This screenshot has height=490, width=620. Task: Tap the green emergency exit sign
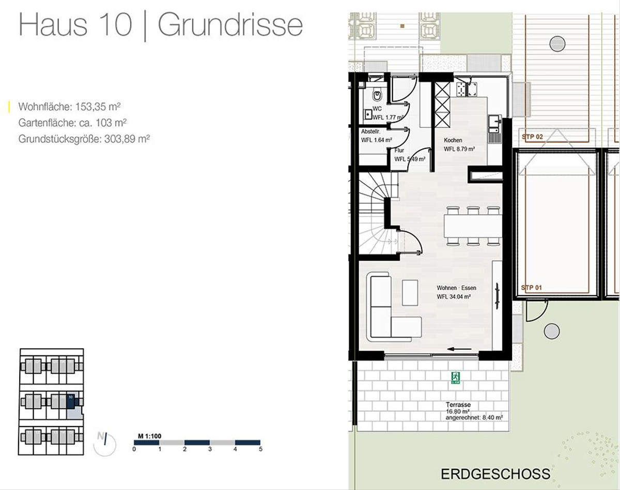point(456,378)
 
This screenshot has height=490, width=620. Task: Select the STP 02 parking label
point(532,137)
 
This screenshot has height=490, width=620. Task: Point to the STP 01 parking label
point(532,287)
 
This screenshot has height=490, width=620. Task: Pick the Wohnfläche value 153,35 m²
point(98,107)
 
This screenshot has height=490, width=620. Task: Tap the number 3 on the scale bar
point(210,449)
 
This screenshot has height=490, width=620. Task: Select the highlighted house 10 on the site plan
point(71,401)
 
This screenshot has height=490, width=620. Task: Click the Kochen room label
point(453,140)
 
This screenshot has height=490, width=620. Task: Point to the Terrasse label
point(458,405)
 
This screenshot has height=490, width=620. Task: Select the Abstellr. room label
point(371,131)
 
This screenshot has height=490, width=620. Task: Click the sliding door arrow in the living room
point(459,349)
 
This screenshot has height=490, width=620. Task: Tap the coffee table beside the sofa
point(410,292)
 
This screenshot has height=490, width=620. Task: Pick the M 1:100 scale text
point(149,436)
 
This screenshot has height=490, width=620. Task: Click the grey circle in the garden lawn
point(552,331)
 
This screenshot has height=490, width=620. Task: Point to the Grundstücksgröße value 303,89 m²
point(127,139)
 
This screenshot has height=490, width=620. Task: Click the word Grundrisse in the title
point(230,25)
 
